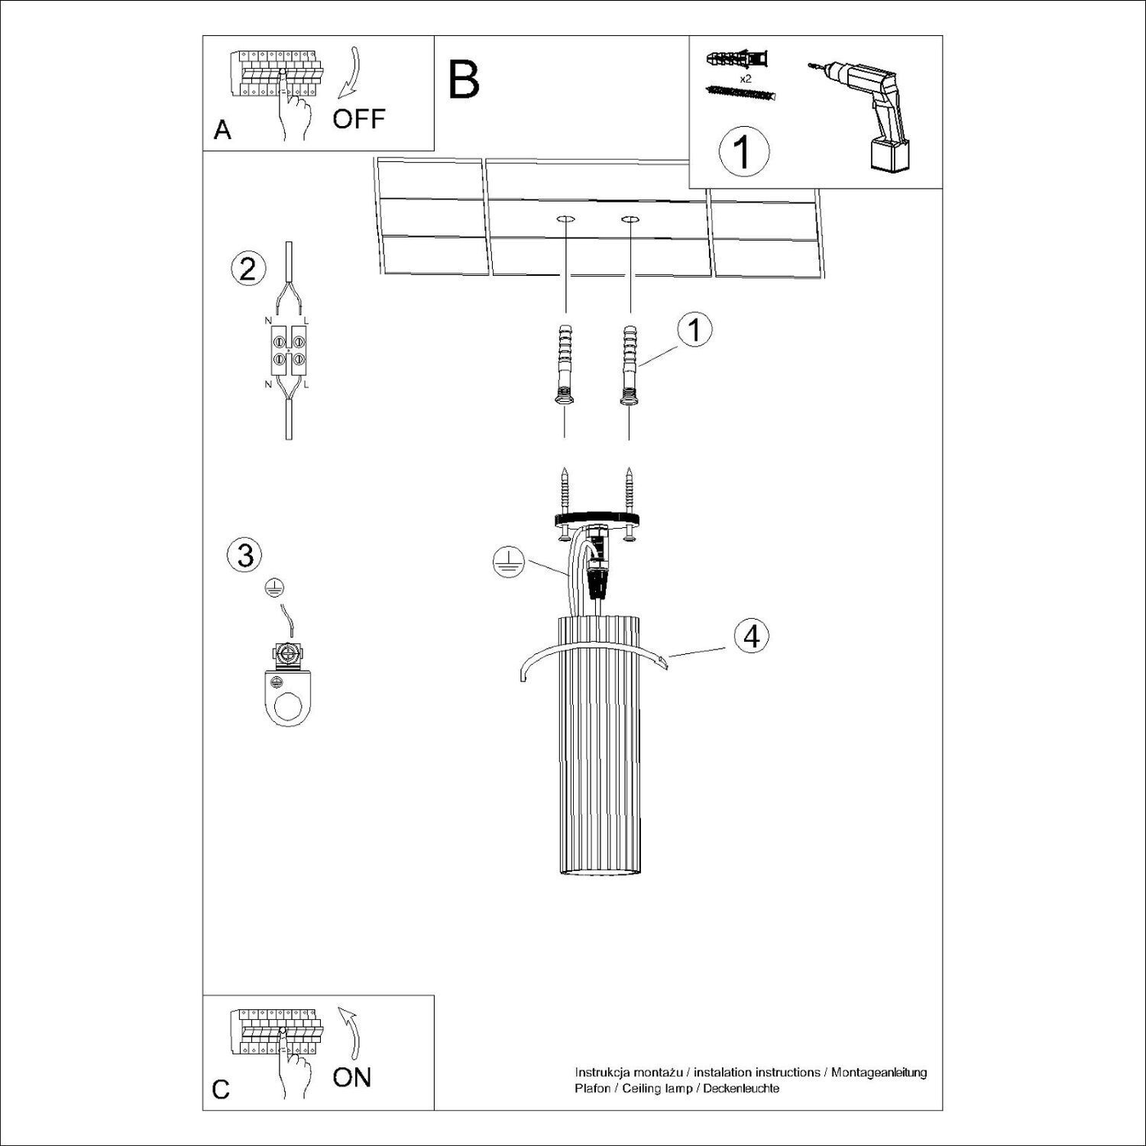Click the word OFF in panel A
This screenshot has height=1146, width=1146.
(x=358, y=119)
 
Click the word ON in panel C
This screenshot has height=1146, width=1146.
(x=351, y=1077)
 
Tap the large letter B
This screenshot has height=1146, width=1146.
(x=464, y=79)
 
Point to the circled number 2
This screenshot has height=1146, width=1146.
(x=248, y=270)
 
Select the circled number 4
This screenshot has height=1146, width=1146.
(x=752, y=636)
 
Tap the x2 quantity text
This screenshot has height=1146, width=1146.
(x=745, y=79)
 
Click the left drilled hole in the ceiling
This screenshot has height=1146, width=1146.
(x=565, y=220)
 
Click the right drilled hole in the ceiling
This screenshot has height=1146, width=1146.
(x=630, y=220)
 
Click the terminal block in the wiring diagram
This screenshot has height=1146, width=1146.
(x=288, y=352)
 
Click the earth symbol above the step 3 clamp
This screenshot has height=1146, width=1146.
(x=274, y=587)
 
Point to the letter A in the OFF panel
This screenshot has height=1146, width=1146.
(x=222, y=131)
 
